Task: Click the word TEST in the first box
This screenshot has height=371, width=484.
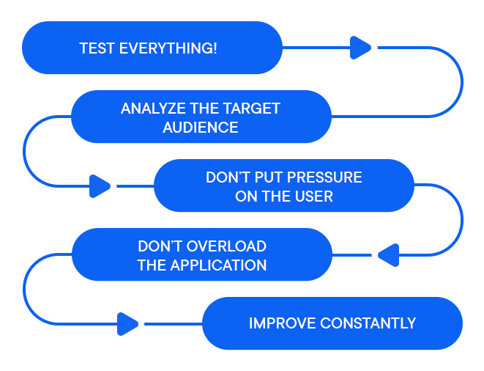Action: coord(97,48)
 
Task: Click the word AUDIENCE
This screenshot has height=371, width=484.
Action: coord(201,128)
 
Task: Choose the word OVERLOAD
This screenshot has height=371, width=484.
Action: coord(225,246)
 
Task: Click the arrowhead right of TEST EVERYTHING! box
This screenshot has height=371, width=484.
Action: coord(360,48)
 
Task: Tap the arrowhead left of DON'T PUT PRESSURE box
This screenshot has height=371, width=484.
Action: coord(100,186)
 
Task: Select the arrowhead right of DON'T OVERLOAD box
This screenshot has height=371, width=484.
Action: coord(387,255)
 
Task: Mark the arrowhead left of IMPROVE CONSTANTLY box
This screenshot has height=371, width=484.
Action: coord(127,323)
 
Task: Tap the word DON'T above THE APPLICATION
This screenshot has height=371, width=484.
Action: coord(159,246)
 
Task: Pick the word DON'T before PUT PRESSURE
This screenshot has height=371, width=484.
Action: coord(228,177)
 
